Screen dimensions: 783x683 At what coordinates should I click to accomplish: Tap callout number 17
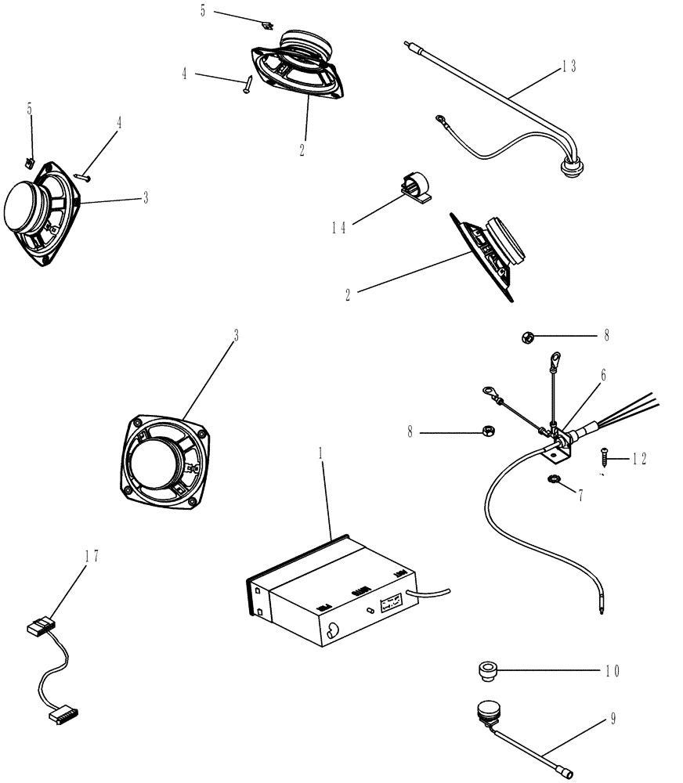click(x=92, y=556)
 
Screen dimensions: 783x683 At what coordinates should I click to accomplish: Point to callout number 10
click(x=612, y=671)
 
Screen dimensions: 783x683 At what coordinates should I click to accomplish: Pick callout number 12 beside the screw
click(x=639, y=460)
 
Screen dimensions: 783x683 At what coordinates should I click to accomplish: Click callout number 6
click(x=602, y=376)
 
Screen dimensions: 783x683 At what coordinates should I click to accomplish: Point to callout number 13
click(x=568, y=67)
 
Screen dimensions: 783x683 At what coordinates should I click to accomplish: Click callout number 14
click(x=338, y=228)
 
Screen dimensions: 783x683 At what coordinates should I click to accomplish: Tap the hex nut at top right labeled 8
click(x=527, y=337)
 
